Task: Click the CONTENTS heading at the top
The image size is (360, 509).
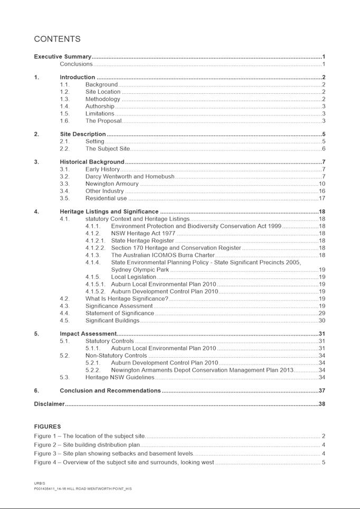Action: tap(57, 39)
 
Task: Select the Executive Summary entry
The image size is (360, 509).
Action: tap(63, 56)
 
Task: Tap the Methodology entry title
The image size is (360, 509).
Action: tap(103, 99)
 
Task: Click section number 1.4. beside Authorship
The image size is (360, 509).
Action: tap(65, 106)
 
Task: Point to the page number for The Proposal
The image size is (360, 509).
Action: tap(323, 121)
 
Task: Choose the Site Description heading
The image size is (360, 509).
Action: tap(83, 134)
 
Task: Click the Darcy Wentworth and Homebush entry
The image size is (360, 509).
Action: tap(130, 177)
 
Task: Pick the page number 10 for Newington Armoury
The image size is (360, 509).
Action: tap(321, 184)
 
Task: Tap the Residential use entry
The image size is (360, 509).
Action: tap(106, 198)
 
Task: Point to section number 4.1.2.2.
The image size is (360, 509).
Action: tap(96, 248)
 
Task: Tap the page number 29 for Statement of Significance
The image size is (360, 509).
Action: tap(321, 313)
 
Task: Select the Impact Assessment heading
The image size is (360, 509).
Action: tap(88, 334)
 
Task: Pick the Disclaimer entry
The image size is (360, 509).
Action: tap(50, 404)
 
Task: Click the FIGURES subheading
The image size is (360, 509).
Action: tap(48, 426)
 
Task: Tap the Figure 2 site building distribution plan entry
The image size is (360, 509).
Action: tap(87, 445)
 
